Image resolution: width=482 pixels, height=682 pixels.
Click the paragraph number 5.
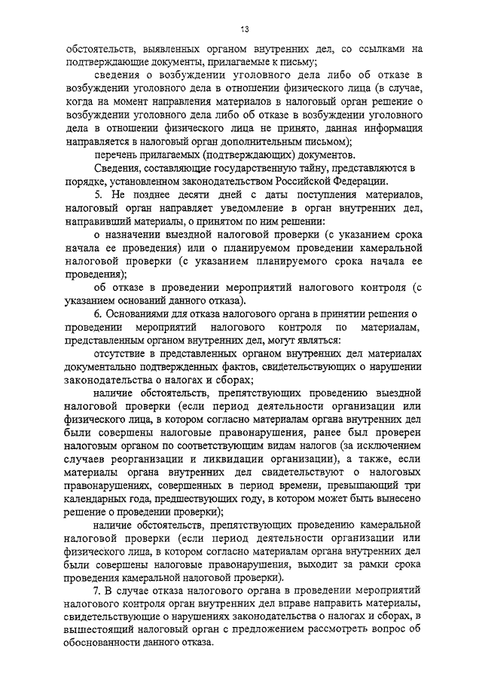tap(97, 194)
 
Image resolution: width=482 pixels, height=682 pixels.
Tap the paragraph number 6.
tap(97, 312)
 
